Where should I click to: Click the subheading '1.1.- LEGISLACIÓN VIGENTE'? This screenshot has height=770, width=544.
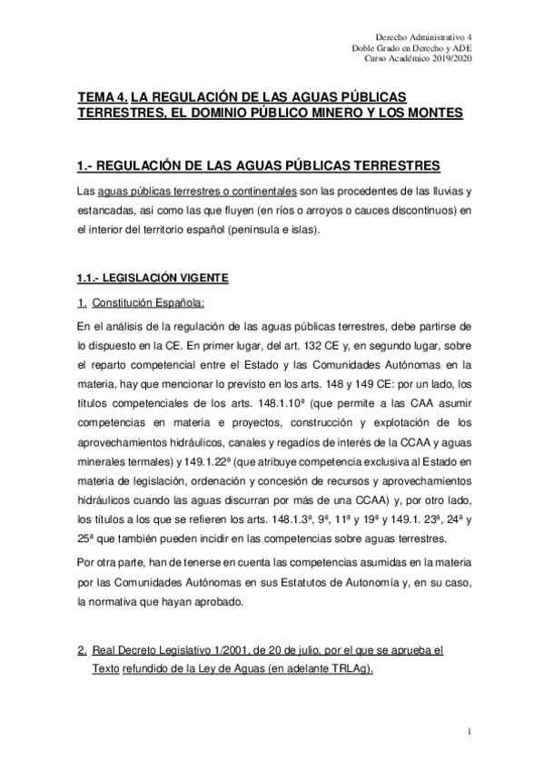coord(152,276)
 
